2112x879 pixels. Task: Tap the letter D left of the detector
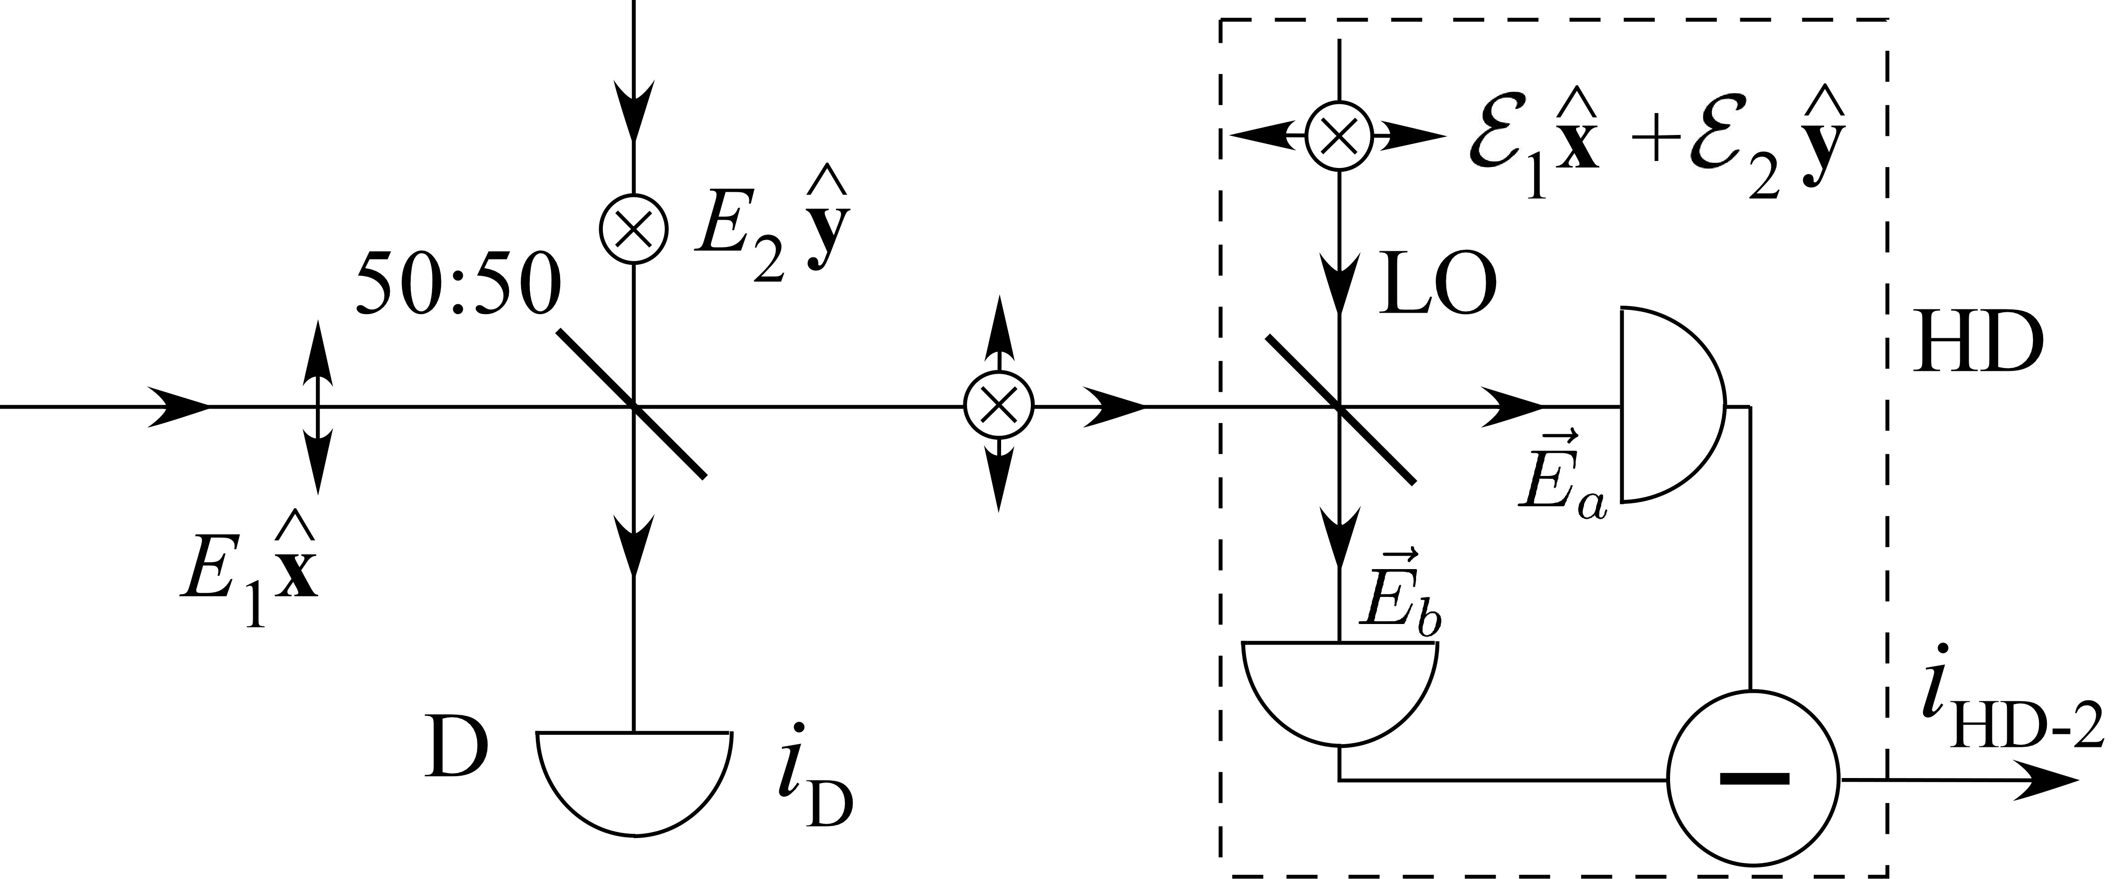(x=456, y=750)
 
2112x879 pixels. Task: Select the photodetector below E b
(x=1340, y=689)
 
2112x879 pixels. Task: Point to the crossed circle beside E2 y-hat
(x=634, y=229)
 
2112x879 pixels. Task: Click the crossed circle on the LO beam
(x=1339, y=137)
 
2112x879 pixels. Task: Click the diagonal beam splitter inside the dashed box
(x=1340, y=408)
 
